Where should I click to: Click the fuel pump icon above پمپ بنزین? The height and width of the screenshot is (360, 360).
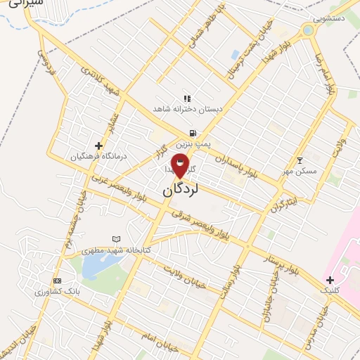tap(191, 132)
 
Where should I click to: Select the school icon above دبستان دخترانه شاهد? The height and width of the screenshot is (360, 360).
tap(187, 99)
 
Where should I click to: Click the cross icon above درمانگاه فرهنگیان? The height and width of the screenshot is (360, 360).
tap(98, 146)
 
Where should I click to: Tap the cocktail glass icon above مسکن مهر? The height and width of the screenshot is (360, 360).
tap(300, 161)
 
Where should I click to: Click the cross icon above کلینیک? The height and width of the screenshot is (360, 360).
tap(330, 280)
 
